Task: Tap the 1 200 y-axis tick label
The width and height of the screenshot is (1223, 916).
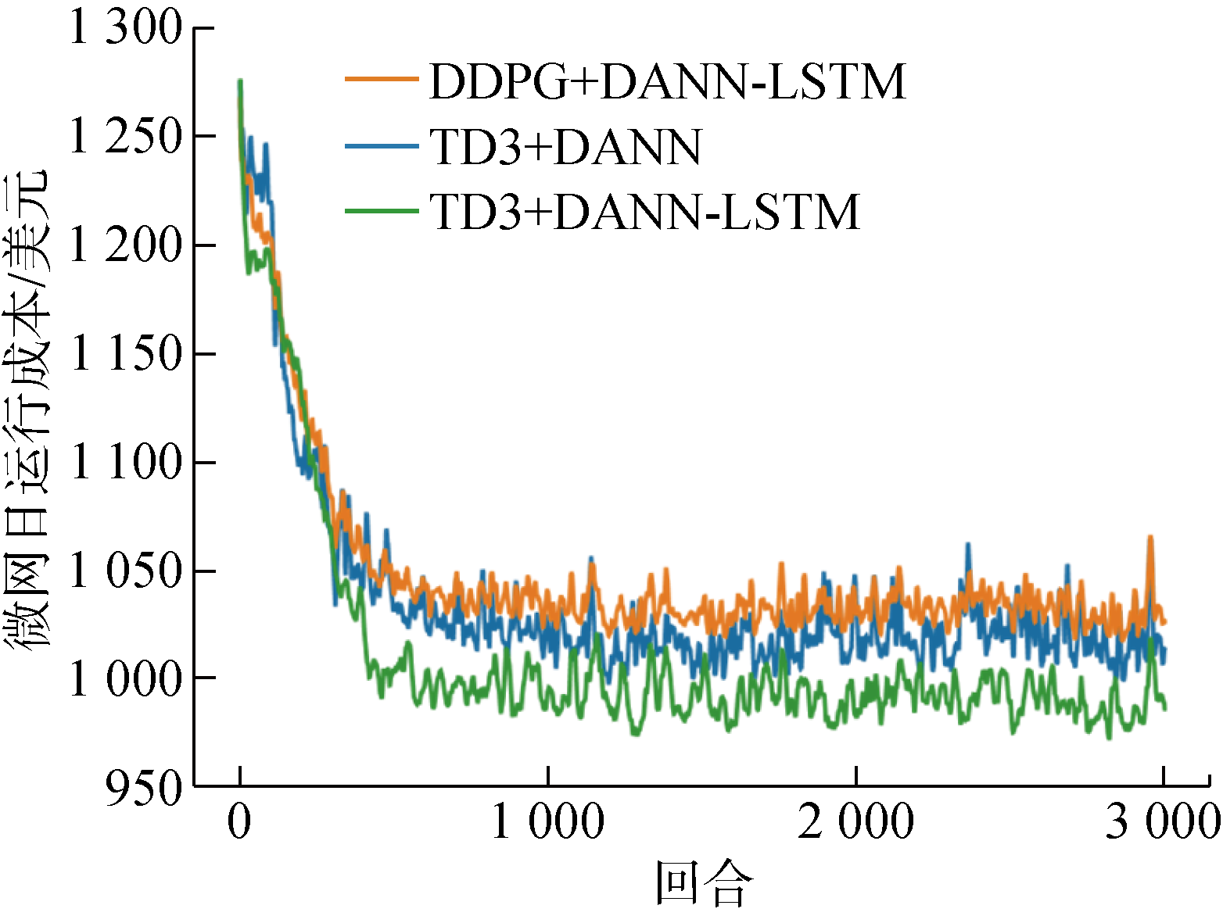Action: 125,245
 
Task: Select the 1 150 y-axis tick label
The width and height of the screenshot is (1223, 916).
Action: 125,353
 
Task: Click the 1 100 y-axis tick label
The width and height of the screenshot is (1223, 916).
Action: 125,462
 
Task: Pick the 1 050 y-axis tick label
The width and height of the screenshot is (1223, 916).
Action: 125,571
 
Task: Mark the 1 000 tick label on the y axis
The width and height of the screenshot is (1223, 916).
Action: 125,678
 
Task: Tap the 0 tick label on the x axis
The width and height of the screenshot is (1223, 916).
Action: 239,822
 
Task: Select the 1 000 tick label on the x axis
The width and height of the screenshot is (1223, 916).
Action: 547,822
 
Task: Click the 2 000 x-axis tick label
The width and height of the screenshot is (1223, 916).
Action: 855,822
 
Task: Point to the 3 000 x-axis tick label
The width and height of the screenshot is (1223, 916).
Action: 1163,822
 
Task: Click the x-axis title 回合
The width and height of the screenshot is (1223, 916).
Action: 704,883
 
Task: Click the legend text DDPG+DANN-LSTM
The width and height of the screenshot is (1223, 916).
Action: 668,81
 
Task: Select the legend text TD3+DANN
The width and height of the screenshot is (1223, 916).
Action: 565,146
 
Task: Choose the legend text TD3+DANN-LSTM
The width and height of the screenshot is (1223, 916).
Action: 645,211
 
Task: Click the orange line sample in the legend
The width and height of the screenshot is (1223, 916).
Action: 382,78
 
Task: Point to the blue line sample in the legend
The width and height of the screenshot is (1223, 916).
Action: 382,145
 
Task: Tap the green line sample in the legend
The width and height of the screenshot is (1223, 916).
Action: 382,209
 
